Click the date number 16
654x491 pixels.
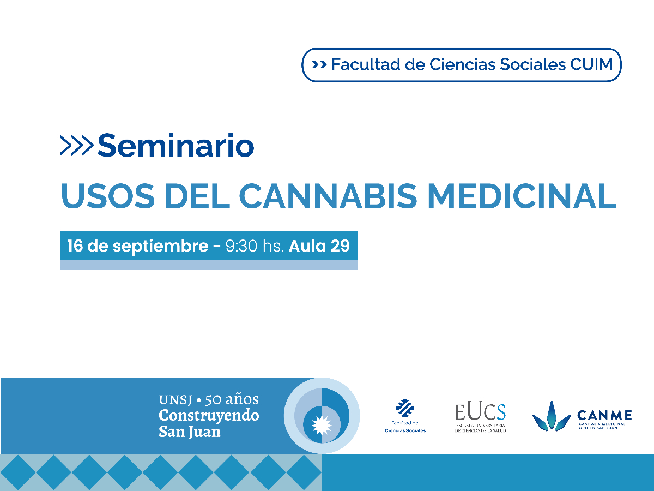pos(75,245)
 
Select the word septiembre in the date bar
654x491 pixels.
pos(160,246)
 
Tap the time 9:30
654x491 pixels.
pos(242,245)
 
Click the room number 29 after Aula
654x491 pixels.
pos(340,245)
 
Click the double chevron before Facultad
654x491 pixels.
pos(319,65)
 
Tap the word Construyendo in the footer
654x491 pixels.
pos(209,415)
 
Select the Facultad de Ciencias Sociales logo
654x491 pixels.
pos(405,416)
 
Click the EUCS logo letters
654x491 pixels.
pos(480,412)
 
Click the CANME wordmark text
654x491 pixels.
pos(604,416)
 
